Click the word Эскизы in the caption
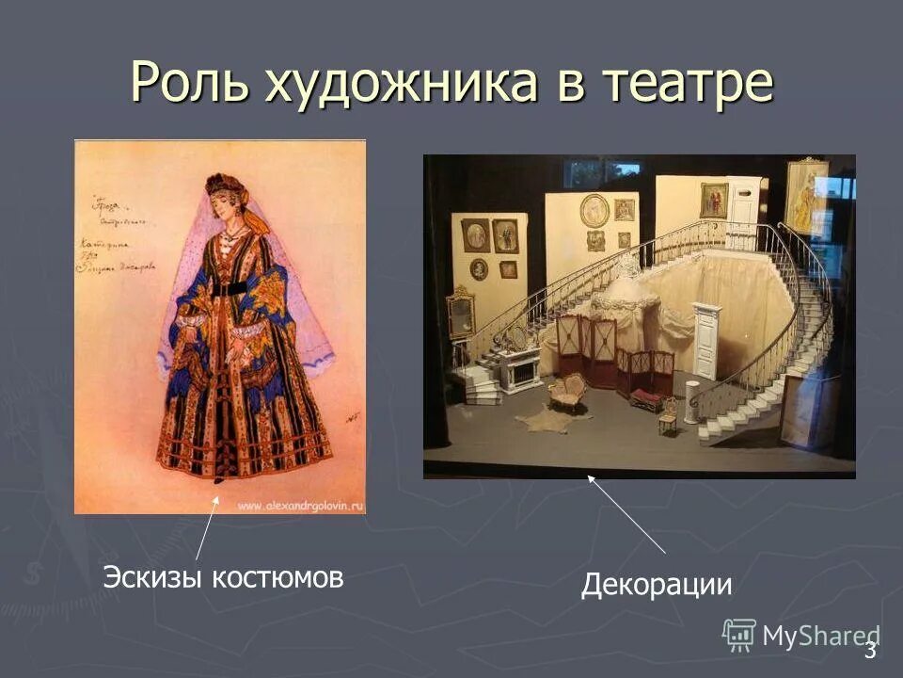click(x=152, y=577)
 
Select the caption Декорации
click(x=656, y=585)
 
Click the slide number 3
click(x=870, y=649)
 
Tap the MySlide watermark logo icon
click(x=739, y=634)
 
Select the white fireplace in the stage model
click(x=518, y=369)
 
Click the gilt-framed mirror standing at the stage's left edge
click(x=461, y=311)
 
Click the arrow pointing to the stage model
click(x=626, y=513)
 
